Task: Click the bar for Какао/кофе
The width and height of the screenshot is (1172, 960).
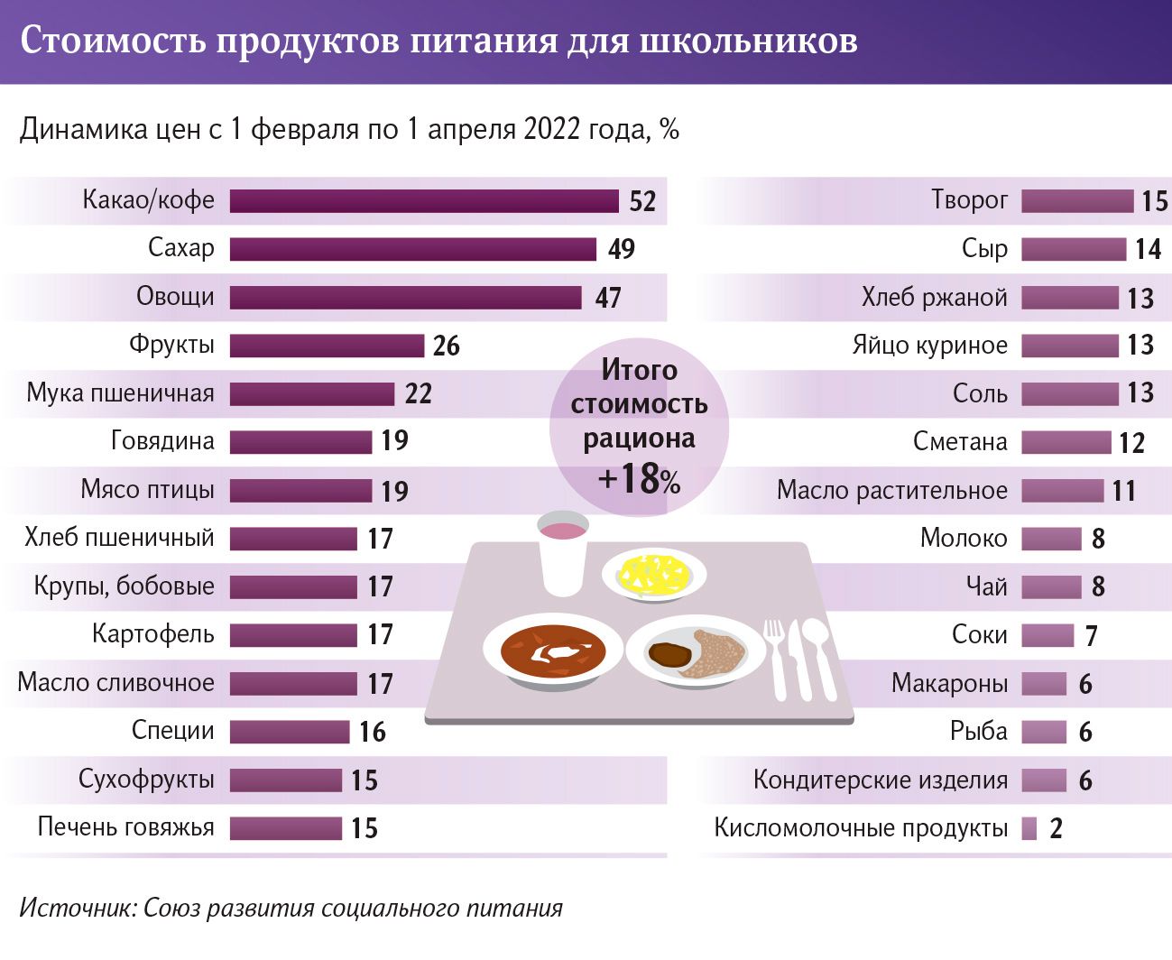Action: (424, 200)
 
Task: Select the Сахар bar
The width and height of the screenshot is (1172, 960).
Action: (412, 249)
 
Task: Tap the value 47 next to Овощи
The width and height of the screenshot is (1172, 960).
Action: (608, 298)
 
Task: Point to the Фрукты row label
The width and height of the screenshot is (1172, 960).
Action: (171, 345)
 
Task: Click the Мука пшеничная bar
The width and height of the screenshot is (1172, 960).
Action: (311, 393)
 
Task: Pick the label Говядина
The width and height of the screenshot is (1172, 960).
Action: (162, 441)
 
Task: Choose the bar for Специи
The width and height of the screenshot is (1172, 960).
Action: (289, 731)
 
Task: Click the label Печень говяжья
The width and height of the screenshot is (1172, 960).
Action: (126, 827)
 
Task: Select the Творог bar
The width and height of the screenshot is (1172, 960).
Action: (1077, 200)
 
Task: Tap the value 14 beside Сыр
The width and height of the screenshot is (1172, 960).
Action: (1148, 249)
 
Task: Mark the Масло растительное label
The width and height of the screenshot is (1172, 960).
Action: (891, 491)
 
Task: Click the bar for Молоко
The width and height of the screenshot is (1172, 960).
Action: (1051, 539)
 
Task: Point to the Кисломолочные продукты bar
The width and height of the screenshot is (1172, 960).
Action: (1029, 828)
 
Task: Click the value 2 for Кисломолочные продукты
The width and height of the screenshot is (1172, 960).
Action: (1057, 828)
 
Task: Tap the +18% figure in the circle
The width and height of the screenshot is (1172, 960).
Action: (639, 479)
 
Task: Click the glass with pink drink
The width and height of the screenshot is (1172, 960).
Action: (562, 552)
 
